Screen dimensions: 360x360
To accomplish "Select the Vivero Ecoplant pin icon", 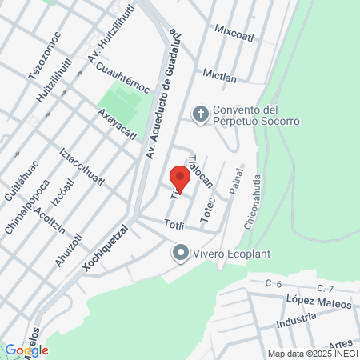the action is [180, 254].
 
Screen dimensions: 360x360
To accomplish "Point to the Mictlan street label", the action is [219, 74].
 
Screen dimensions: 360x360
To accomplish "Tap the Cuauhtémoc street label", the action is [122, 78].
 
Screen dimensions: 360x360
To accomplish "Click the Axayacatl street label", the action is [117, 124].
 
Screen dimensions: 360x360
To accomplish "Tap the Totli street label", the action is [174, 226].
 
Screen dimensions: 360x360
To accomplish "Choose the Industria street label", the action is [297, 322].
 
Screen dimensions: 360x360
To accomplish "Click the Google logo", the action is [26, 350].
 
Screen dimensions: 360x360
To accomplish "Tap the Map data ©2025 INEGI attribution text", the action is [312, 354].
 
